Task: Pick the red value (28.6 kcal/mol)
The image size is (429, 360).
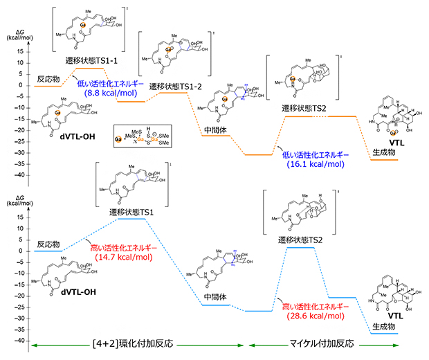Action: coord(310,315)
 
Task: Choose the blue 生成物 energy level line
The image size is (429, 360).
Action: coord(385,334)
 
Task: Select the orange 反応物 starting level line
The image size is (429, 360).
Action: coord(48,86)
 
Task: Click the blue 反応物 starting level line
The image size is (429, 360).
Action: coord(48,251)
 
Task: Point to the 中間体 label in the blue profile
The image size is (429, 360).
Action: coord(216,296)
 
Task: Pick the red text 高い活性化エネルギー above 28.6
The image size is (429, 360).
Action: coord(310,305)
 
